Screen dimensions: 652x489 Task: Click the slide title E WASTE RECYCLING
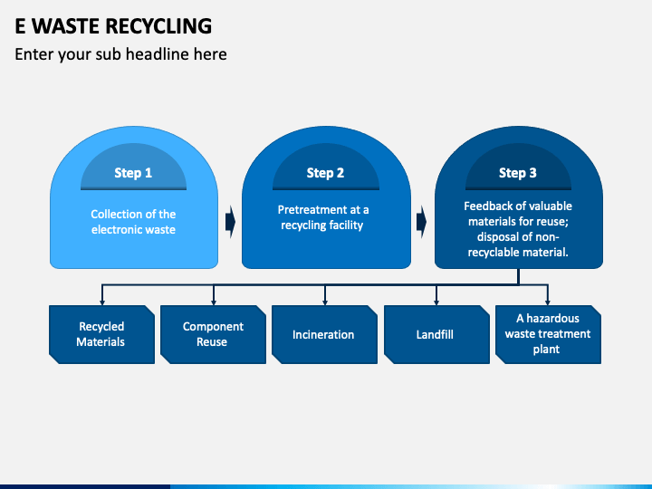(x=113, y=26)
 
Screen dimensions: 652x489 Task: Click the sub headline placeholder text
(x=120, y=54)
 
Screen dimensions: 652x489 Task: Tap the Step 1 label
(x=133, y=173)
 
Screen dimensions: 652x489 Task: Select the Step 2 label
(x=325, y=173)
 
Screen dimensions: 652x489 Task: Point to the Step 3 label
(x=518, y=173)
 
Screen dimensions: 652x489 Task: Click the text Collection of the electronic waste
(x=133, y=222)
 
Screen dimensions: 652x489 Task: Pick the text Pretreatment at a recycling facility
(x=323, y=217)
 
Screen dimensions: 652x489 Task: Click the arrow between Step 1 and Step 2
(x=230, y=222)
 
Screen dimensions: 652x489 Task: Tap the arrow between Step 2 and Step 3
(x=422, y=222)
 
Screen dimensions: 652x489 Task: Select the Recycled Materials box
(x=101, y=334)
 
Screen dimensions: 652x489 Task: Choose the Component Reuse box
(x=214, y=334)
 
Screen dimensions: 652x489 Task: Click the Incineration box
(x=325, y=334)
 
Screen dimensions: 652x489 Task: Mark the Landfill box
(x=436, y=334)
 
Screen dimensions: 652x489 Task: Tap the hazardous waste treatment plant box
(x=548, y=334)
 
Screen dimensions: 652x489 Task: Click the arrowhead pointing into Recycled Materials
(x=102, y=302)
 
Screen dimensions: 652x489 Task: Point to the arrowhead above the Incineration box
(x=325, y=302)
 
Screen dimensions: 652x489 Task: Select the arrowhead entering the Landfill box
(x=436, y=302)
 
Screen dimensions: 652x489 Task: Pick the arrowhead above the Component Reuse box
(x=214, y=302)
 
